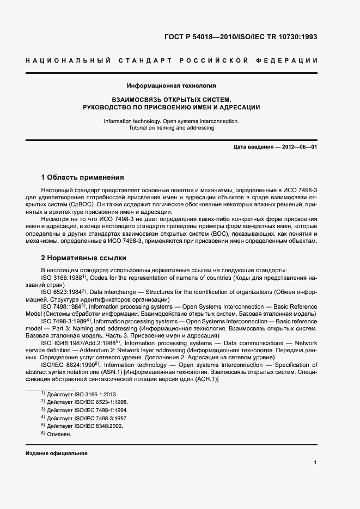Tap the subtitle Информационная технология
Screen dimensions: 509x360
pos(172,85)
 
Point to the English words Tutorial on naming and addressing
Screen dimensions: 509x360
pos(172,128)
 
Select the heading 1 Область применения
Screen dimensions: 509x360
pos(82,177)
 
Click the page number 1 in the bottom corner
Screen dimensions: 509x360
pos(315,462)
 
